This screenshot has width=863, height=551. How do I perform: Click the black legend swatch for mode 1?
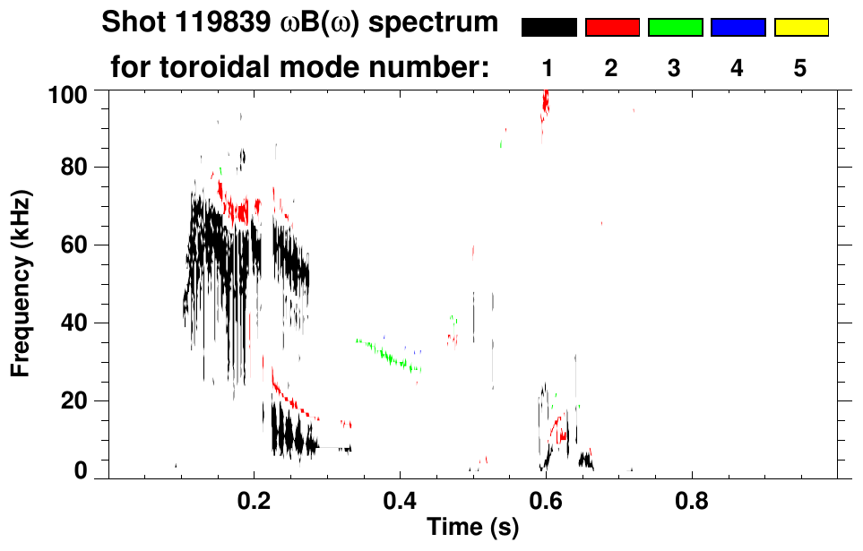coord(548,28)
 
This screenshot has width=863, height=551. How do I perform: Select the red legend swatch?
coord(612,28)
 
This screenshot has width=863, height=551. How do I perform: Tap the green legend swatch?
coord(675,28)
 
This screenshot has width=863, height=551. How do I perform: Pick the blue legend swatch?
coord(738,28)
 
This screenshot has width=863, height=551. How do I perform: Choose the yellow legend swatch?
coord(800,28)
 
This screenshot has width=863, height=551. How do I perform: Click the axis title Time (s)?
coord(472,529)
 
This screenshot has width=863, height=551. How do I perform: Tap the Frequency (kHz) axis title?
coord(21,283)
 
